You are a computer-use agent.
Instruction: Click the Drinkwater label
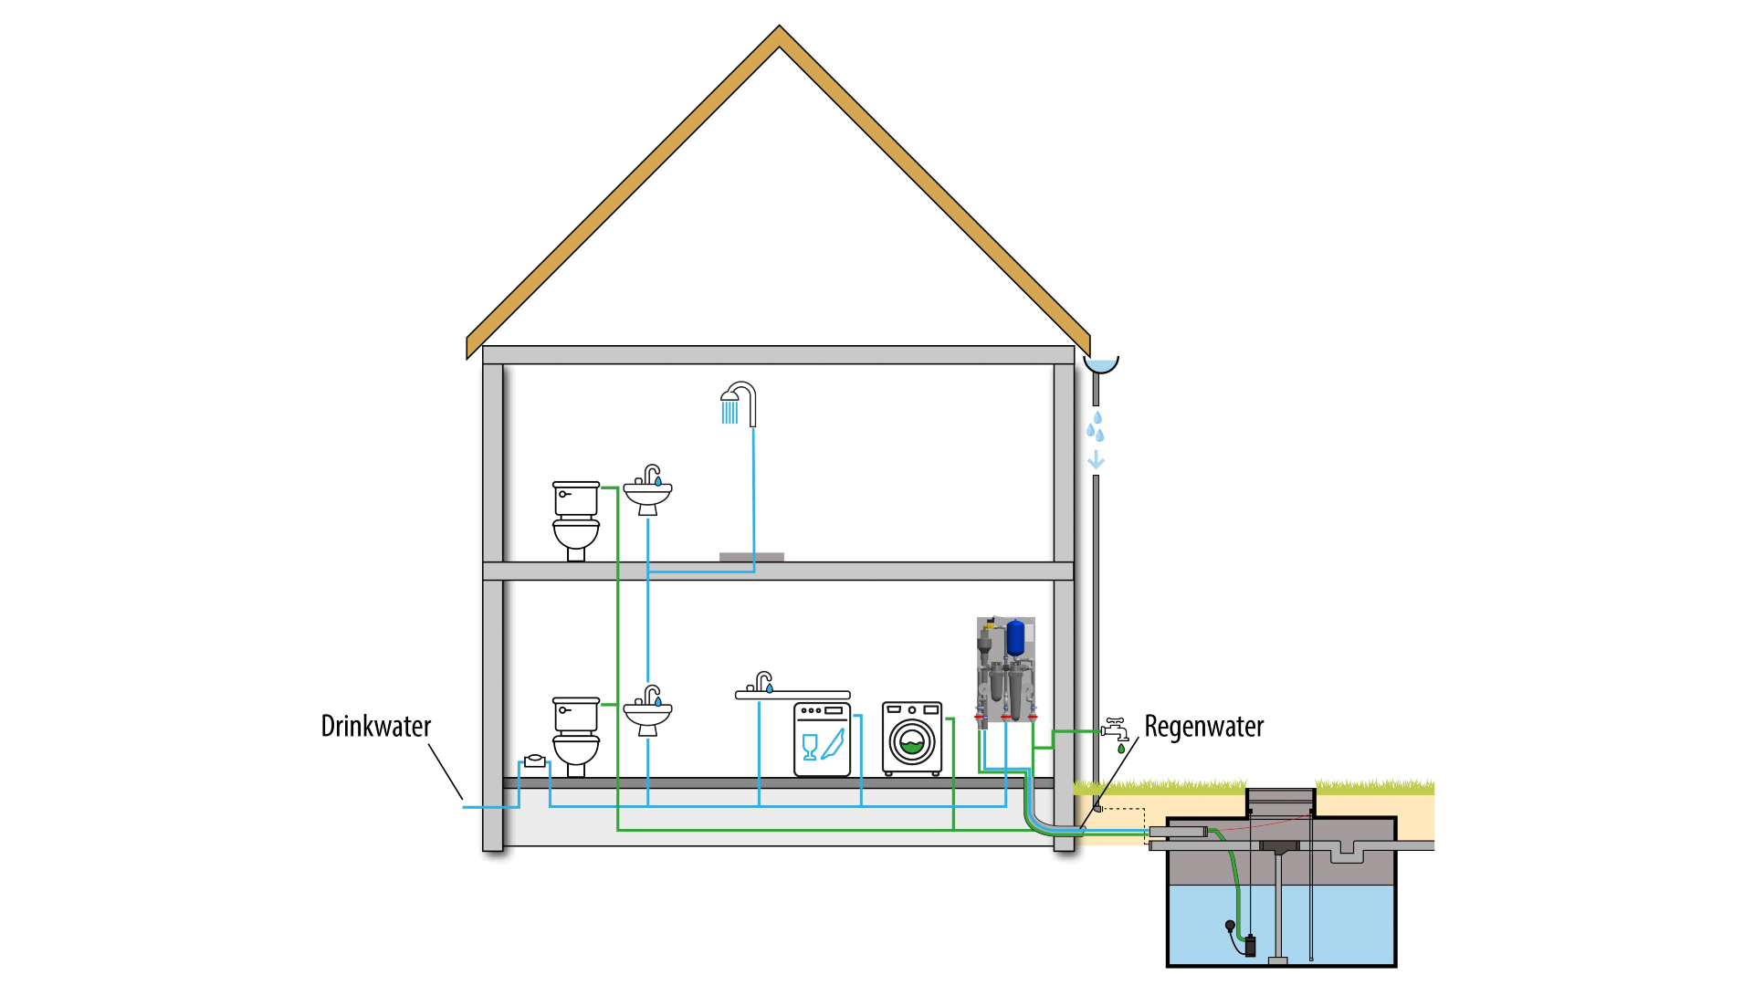click(375, 727)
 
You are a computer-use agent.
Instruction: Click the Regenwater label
click(1203, 727)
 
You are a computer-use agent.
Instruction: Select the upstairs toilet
click(575, 519)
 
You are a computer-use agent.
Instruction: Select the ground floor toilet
click(575, 736)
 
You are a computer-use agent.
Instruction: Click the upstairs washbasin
click(647, 493)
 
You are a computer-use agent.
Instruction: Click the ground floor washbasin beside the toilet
click(647, 712)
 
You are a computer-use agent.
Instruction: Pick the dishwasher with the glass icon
click(822, 739)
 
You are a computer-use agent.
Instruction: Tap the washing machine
click(911, 738)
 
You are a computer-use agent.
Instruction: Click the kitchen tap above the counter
click(761, 682)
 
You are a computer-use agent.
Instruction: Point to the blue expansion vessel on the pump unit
click(1015, 637)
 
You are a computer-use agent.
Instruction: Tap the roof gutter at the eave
click(1101, 364)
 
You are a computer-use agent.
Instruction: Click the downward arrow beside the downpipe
click(1096, 460)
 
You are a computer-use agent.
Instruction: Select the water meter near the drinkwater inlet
click(534, 760)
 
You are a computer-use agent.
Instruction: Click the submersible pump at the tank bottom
click(1249, 945)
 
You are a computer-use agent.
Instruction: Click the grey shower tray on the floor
click(751, 557)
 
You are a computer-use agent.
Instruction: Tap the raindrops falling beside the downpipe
click(1096, 427)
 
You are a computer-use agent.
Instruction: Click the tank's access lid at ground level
click(1280, 796)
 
